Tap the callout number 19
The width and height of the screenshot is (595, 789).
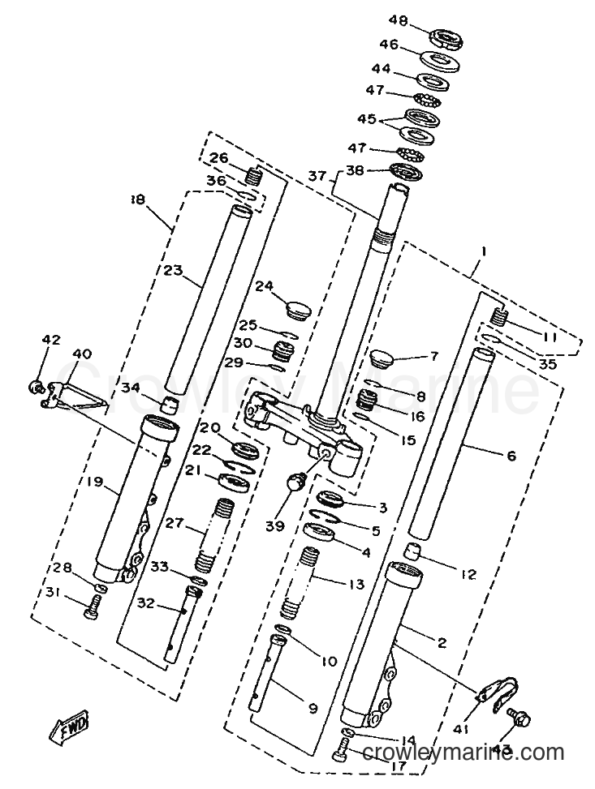(95, 482)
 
